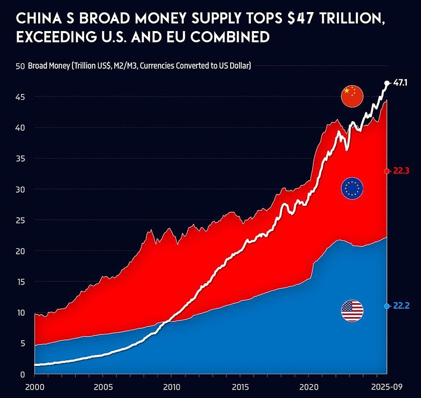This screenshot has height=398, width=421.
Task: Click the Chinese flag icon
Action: click(351, 96)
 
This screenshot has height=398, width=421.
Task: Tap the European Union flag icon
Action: click(352, 189)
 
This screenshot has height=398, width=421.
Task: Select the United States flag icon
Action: click(352, 311)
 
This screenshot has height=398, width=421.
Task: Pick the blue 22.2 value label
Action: click(401, 306)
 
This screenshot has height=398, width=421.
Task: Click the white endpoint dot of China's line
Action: click(387, 83)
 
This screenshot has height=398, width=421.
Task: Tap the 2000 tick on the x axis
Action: click(35, 388)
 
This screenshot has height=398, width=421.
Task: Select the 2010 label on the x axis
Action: click(171, 388)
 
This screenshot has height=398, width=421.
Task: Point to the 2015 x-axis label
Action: click(239, 388)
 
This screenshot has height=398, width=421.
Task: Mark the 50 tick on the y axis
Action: click(20, 66)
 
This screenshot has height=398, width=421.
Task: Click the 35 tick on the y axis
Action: click(20, 159)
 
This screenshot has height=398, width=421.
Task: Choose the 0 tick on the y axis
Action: click(23, 374)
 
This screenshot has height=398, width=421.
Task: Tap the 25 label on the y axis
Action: click(20, 220)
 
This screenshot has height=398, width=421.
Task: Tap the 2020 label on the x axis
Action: click(307, 388)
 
